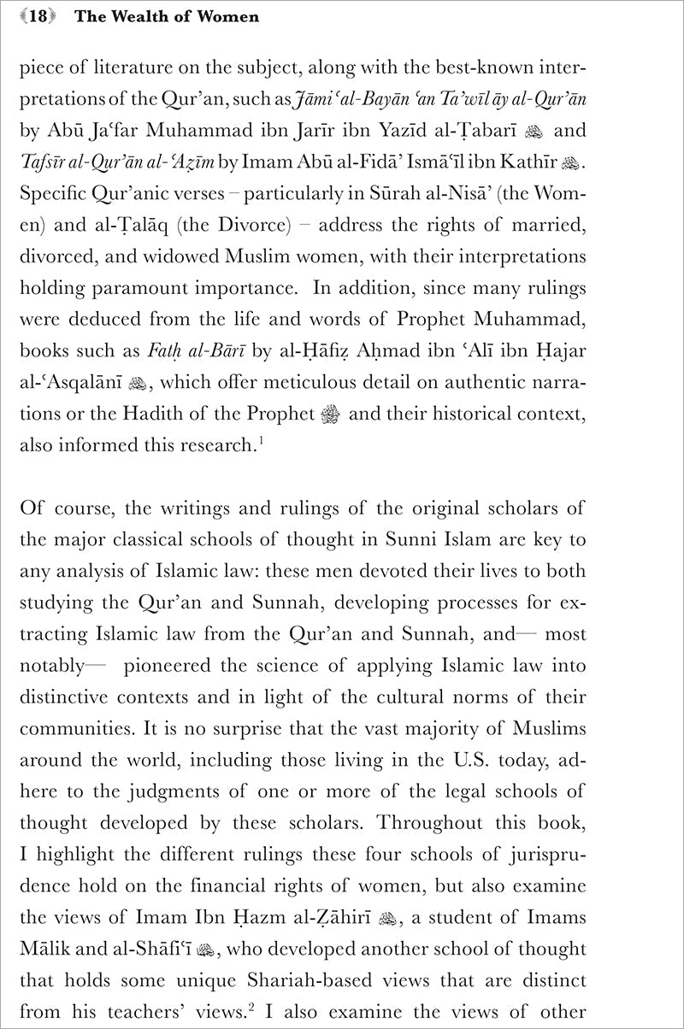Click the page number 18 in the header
click(x=36, y=17)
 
